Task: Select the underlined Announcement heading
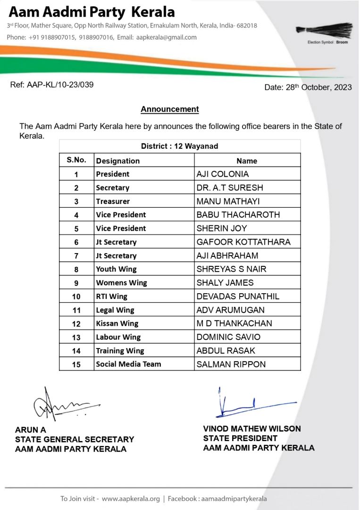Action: [x=170, y=109]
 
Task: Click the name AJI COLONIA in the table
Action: [x=222, y=174]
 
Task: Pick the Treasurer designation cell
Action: [x=113, y=201]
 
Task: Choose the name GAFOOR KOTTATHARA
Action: [x=243, y=242]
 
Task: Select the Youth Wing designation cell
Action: [x=116, y=269]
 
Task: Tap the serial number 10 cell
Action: [x=76, y=297]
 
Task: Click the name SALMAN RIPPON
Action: [x=231, y=364]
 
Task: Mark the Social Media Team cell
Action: [x=128, y=364]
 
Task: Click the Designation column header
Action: [x=118, y=161]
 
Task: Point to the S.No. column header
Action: [x=76, y=160]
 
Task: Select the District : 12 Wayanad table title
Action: [x=180, y=146]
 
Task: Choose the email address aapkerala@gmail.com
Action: [x=166, y=37]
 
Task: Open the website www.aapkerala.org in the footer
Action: [x=131, y=499]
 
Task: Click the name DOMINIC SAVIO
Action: [x=228, y=337]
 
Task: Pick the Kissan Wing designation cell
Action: [x=117, y=323]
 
